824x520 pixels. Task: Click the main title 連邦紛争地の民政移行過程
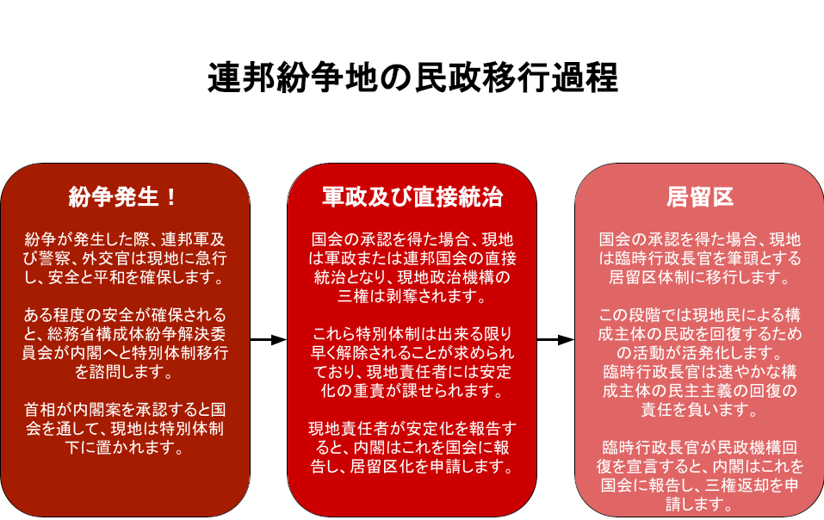click(412, 77)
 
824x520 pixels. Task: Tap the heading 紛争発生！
click(123, 197)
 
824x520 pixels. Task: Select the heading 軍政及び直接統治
click(412, 197)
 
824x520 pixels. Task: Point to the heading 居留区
click(699, 197)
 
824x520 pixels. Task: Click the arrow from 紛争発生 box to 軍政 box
click(269, 340)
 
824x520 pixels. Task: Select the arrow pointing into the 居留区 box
click(555, 340)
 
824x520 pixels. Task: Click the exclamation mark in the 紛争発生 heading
click(170, 197)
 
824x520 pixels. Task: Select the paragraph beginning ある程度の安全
click(125, 344)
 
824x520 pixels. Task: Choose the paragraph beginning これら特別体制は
click(412, 362)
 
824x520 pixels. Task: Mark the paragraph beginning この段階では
click(699, 362)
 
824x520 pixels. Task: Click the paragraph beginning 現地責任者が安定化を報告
click(412, 448)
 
